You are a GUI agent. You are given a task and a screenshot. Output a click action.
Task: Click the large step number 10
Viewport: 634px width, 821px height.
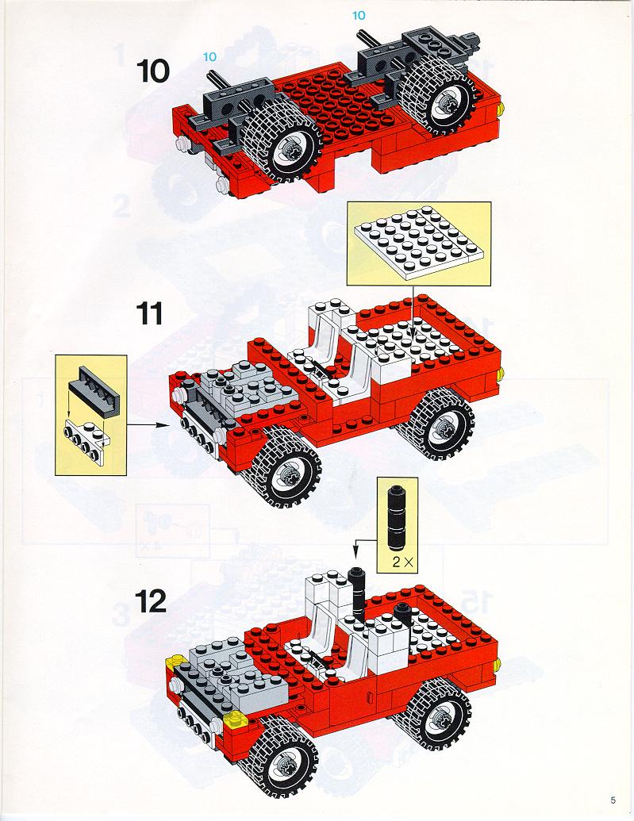point(153,71)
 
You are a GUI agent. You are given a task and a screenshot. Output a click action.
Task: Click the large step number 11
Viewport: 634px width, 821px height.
point(149,314)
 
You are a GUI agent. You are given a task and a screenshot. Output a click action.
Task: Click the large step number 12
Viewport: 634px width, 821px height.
point(151,601)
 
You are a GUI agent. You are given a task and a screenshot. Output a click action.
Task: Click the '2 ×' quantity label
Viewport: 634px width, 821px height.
point(403,562)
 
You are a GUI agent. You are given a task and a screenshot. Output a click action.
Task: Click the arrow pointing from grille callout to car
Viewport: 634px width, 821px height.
point(148,425)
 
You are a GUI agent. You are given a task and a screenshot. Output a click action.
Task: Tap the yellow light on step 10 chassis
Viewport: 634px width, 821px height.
point(501,109)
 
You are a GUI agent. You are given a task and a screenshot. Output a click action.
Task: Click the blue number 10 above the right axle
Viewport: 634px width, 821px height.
point(359,16)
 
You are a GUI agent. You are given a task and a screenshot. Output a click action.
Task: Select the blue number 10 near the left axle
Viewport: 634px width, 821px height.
point(209,56)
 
